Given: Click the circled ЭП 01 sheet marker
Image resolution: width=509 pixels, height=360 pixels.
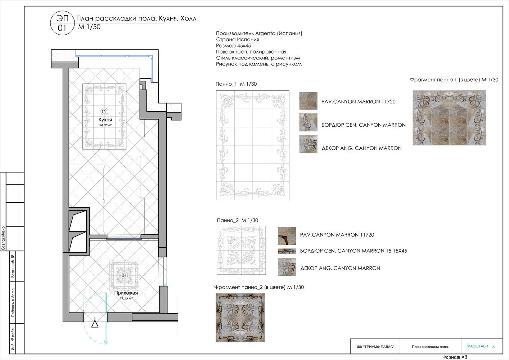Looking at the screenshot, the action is (x=62, y=23).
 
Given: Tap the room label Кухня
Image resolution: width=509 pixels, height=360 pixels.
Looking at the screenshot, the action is (x=105, y=120).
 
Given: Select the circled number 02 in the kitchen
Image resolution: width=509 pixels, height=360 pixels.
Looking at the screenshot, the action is (x=104, y=111).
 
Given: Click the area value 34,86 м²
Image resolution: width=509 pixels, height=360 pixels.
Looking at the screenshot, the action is (x=105, y=125).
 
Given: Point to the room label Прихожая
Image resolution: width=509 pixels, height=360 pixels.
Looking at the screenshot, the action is (x=126, y=293).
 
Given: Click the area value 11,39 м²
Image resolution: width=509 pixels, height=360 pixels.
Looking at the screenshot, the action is (x=126, y=298).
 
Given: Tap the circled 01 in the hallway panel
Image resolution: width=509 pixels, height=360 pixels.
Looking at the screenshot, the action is (x=123, y=275).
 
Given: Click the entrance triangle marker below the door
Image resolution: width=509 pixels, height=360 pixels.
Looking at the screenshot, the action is (x=95, y=324).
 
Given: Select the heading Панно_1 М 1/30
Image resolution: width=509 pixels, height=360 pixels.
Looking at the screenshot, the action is (x=236, y=84).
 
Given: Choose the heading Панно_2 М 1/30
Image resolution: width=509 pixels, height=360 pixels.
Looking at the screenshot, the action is (x=238, y=220).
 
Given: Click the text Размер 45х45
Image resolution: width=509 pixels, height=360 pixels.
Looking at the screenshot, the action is (x=233, y=45).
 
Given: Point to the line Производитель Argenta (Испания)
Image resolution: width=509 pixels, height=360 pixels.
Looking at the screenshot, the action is (x=259, y=33).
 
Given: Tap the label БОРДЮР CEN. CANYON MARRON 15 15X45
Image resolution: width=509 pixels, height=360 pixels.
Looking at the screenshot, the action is (x=353, y=251).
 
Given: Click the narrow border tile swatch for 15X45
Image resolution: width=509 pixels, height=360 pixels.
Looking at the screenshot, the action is (x=287, y=251).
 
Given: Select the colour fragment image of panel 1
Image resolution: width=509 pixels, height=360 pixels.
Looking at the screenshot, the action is (x=449, y=118).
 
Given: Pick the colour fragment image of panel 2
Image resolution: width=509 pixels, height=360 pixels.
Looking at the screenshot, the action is (x=240, y=318).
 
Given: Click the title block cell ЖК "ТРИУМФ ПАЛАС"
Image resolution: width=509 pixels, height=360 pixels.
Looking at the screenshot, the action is (x=375, y=347).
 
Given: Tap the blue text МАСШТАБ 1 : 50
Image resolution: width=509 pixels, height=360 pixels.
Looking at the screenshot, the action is (x=481, y=346).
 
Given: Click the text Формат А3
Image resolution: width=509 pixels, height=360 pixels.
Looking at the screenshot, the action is (x=455, y=357).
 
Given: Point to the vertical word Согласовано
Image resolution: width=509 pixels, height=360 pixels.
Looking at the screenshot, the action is (x=3, y=238).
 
